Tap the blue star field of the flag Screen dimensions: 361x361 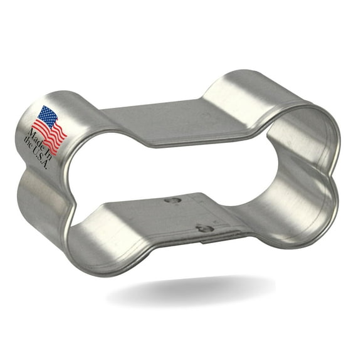(x=46, y=117)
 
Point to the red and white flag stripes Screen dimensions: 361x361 (x=55, y=134)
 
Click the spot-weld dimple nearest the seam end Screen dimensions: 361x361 (x=204, y=228)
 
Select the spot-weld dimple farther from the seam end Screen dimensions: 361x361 (x=172, y=201)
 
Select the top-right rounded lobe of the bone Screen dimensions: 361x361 (x=276, y=100)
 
